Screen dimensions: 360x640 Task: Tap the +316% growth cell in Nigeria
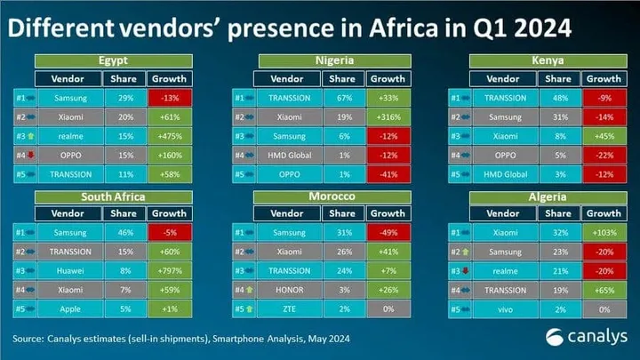pyautogui.click(x=387, y=116)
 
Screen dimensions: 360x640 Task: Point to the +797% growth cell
pyautogui.click(x=168, y=269)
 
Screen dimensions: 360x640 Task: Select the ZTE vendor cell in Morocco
pyautogui.click(x=288, y=308)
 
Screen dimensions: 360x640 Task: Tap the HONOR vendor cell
pyautogui.click(x=288, y=289)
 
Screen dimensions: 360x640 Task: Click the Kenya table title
pyautogui.click(x=544, y=60)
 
